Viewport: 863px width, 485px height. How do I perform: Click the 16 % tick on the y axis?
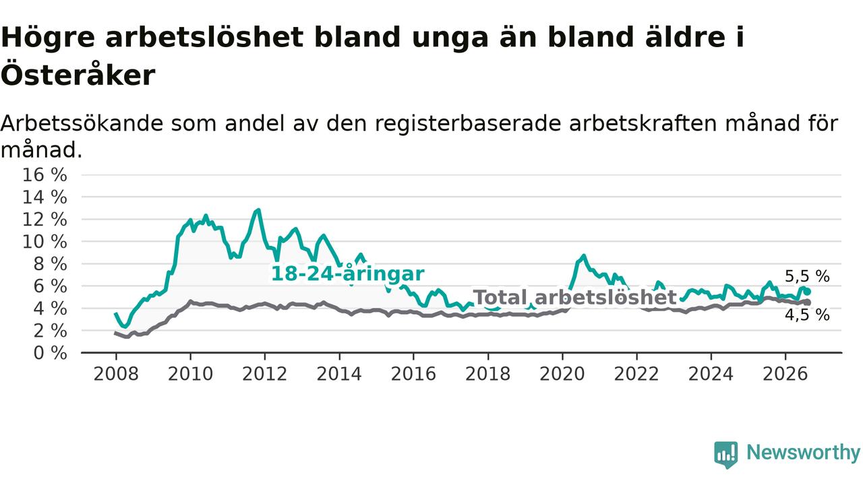44,175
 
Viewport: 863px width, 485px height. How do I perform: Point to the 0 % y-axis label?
51,353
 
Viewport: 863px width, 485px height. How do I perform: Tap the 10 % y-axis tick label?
44,242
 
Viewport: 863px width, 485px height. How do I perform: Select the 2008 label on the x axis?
116,374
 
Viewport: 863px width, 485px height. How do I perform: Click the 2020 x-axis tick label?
562,374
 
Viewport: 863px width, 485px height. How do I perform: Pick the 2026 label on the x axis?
785,374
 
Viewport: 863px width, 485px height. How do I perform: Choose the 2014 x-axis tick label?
339,374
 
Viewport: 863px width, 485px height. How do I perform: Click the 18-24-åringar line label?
348,273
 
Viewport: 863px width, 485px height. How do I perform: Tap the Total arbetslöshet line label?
575,297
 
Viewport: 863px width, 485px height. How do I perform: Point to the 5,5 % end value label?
807,276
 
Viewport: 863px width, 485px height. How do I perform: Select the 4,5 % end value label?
807,315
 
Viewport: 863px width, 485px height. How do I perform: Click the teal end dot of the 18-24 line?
808,292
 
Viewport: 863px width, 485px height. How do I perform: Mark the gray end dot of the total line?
808,302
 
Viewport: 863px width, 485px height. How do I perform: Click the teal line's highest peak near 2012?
258,209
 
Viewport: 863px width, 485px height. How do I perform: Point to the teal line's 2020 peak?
584,255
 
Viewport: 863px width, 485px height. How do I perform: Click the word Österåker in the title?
78,75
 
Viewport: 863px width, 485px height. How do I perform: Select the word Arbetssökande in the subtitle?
82,123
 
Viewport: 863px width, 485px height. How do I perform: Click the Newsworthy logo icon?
726,455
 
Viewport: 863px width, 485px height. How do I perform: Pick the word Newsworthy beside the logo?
803,452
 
